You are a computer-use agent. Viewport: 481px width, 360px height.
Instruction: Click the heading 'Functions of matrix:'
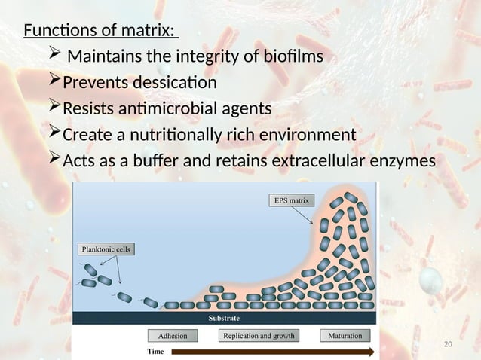coord(100,31)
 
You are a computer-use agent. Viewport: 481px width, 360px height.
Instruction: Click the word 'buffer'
coord(161,161)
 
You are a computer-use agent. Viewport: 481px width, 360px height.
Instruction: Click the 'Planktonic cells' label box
coord(106,249)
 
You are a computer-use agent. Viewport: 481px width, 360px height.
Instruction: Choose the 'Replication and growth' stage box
coord(258,335)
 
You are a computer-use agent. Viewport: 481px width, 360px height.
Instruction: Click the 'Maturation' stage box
coord(345,335)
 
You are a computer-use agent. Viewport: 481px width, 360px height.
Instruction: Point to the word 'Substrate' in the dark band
coord(225,319)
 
